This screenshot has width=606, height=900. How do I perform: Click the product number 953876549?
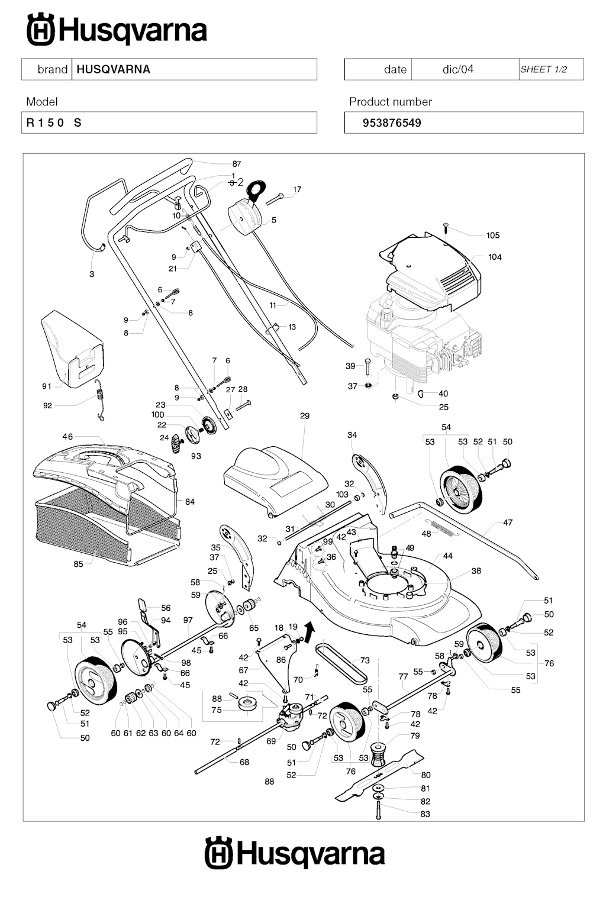pos(392,123)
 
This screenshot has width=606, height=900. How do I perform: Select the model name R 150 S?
pos(54,123)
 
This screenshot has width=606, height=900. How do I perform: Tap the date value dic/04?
pos(458,69)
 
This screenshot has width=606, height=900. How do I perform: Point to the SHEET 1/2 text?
pos(543,69)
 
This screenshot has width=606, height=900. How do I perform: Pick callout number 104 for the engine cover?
pos(495,257)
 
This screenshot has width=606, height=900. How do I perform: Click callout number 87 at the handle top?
pos(237,164)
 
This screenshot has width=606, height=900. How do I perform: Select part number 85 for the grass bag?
pos(79,564)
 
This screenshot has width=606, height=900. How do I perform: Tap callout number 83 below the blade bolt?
pos(425,814)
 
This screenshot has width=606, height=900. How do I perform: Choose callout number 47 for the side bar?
pos(508,522)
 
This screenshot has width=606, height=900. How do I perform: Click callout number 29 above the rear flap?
pos(305,416)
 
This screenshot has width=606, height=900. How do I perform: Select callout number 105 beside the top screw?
pos(493,236)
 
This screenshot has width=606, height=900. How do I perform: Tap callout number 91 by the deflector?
pos(47,386)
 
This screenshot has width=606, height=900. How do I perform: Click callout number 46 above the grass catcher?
pos(67,437)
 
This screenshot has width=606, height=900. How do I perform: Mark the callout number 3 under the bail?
pos(92,274)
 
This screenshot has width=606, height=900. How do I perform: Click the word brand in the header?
pos(52,69)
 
